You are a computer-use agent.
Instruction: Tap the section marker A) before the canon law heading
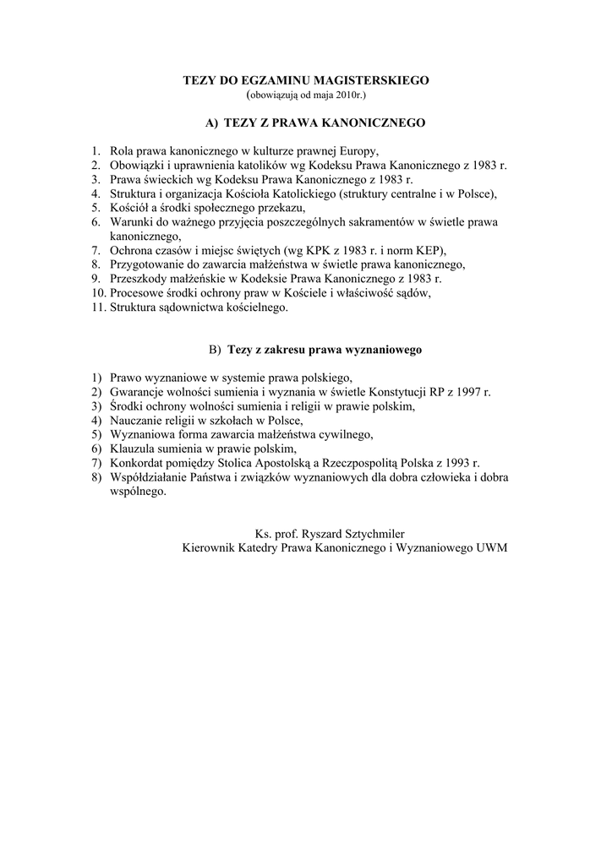point(211,122)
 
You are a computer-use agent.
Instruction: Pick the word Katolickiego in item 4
point(295,194)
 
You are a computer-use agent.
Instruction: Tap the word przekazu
point(282,208)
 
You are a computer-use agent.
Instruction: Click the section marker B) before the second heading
point(215,349)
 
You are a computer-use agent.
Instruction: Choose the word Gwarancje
point(139,392)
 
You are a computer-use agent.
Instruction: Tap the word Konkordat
point(139,462)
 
